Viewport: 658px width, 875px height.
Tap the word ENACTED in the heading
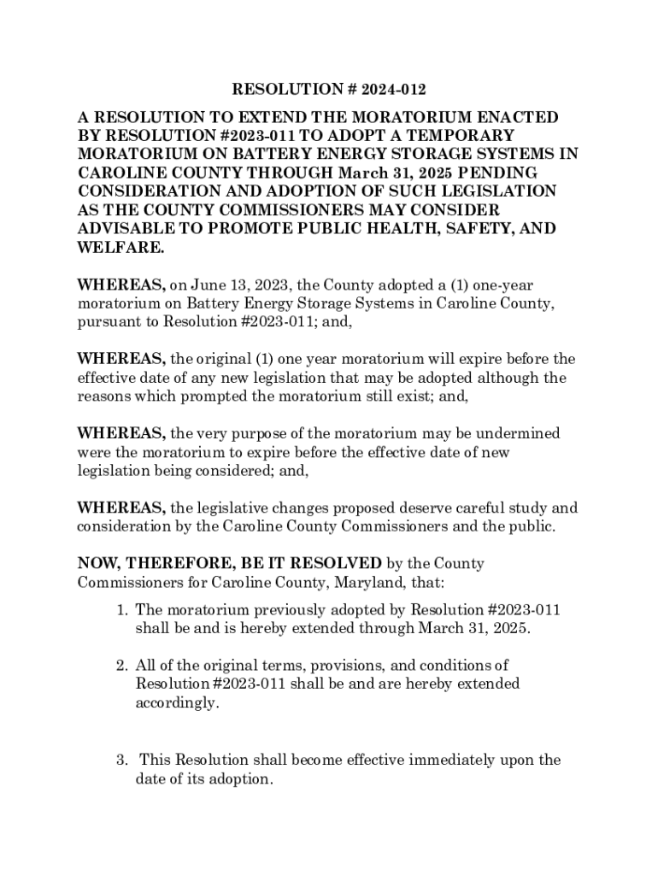[509, 117]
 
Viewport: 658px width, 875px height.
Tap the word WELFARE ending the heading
[119, 248]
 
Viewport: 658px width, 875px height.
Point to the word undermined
[521, 434]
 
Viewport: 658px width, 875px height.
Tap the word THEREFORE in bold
[168, 564]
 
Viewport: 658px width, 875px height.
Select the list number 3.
[123, 760]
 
